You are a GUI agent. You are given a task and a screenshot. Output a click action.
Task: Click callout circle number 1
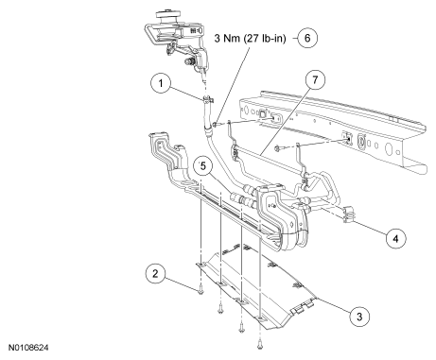(161, 83)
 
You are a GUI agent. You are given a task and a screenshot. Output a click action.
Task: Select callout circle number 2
(156, 273)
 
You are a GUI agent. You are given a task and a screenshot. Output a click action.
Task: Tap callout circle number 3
(359, 317)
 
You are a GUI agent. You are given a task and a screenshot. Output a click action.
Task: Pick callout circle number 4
(395, 238)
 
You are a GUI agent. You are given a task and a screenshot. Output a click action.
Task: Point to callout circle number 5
(203, 165)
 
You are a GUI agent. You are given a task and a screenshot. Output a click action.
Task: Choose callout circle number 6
(307, 38)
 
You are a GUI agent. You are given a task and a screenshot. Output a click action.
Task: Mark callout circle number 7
(315, 79)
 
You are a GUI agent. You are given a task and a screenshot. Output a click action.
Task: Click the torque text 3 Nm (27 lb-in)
(250, 38)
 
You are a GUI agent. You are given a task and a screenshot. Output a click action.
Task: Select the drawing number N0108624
(28, 348)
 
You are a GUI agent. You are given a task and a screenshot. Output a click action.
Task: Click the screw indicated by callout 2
(201, 292)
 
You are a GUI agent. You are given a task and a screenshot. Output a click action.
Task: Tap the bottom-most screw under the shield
(259, 346)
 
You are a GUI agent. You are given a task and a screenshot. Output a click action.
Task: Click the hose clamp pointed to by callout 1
(207, 100)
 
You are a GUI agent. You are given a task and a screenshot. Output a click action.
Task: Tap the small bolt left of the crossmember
(215, 125)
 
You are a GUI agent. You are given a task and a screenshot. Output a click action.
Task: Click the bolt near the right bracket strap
(277, 147)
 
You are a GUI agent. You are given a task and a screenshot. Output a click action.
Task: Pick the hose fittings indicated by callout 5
(243, 196)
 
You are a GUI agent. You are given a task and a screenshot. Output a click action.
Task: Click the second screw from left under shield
(220, 311)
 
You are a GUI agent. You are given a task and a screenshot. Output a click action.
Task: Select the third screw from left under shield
(241, 329)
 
